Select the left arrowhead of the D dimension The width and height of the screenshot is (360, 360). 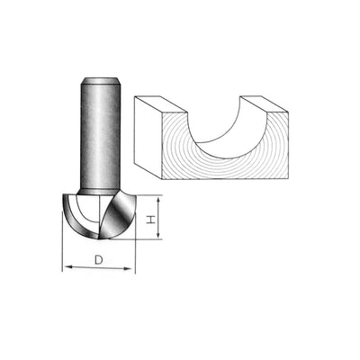[66, 268]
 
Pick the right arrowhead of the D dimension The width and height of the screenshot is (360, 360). [131, 268]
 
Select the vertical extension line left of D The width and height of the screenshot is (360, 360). [63, 243]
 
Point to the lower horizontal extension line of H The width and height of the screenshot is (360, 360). [148, 239]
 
